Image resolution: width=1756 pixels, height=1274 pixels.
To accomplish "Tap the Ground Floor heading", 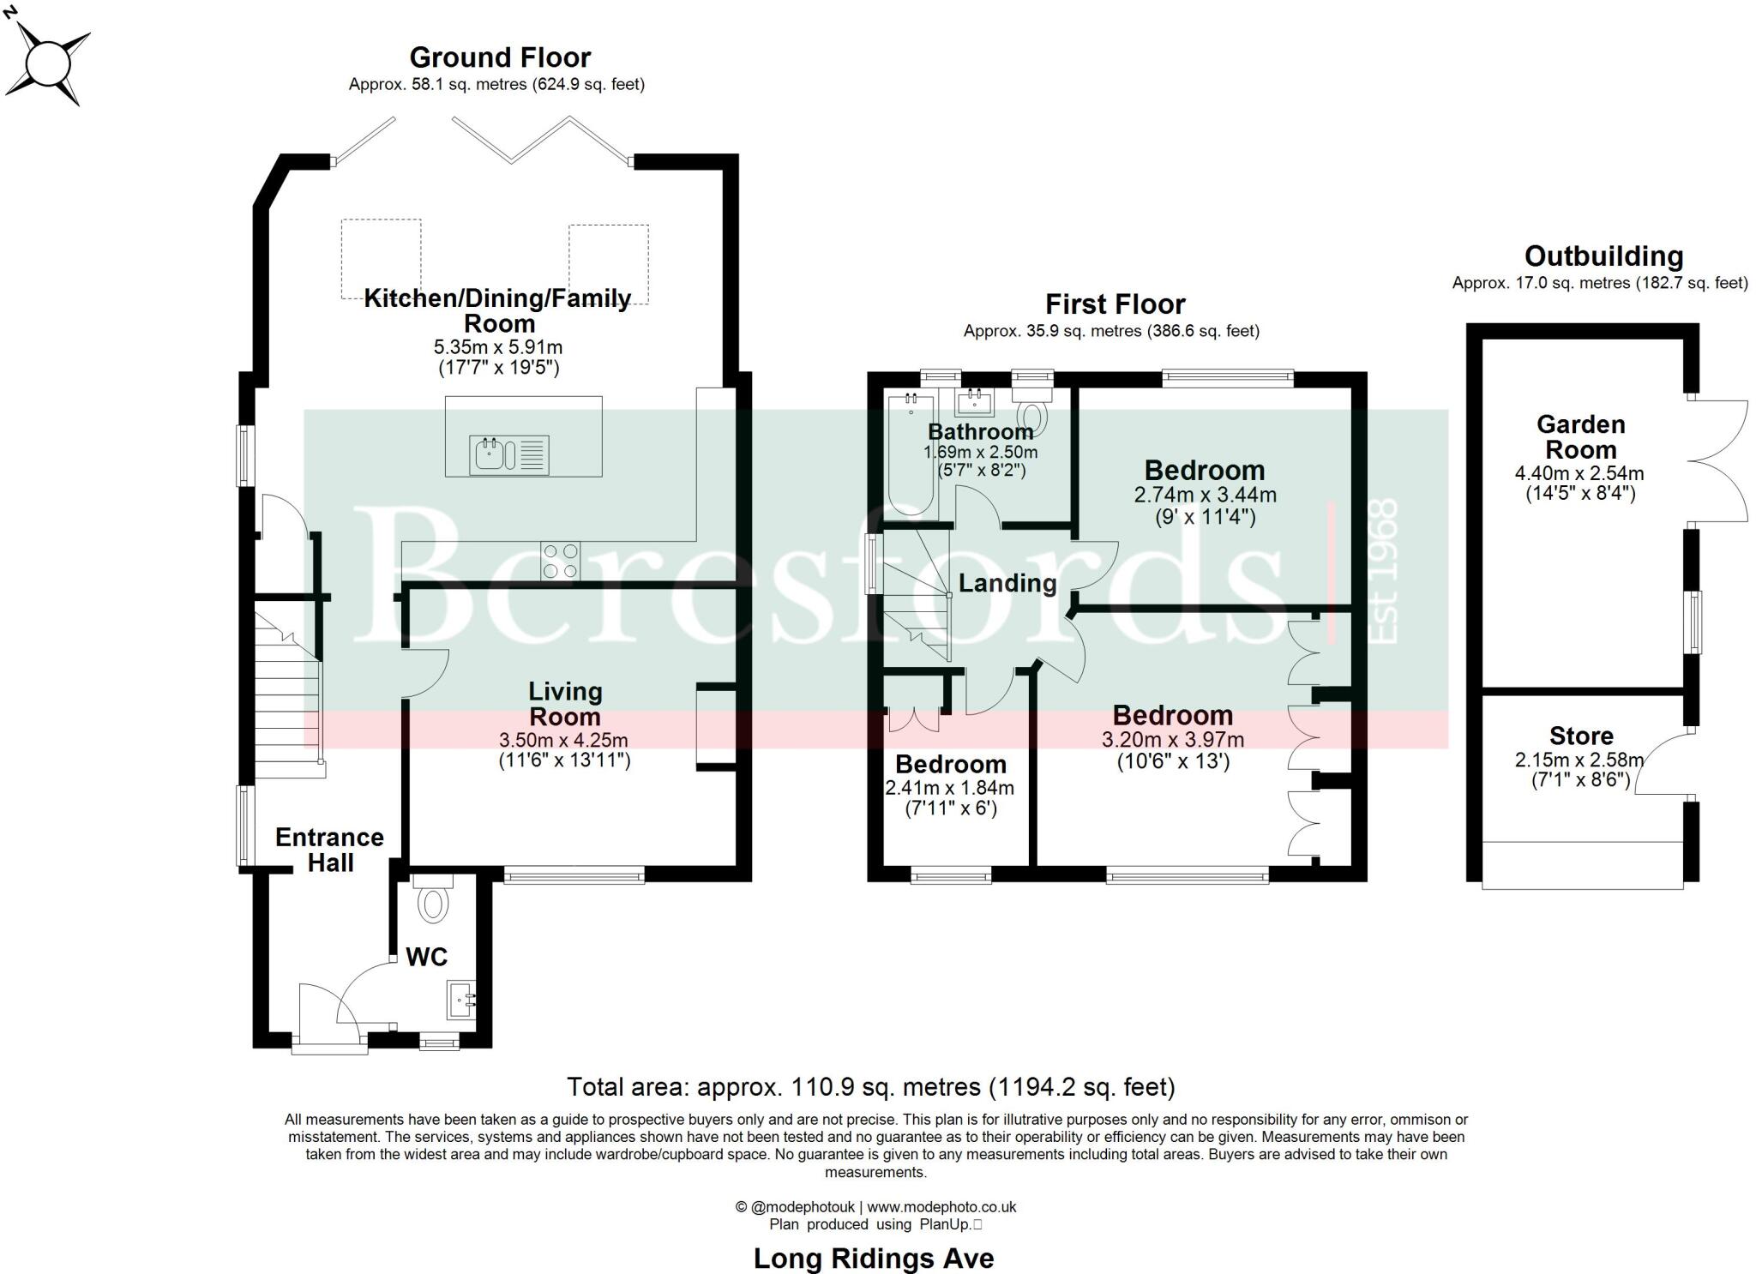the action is [500, 57].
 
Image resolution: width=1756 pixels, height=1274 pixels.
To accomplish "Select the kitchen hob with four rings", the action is [560, 561].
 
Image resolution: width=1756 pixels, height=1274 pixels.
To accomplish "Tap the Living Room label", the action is [565, 704].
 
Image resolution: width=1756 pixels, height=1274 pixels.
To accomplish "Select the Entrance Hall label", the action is [329, 850].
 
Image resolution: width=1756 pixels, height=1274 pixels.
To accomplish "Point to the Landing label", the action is [1007, 583].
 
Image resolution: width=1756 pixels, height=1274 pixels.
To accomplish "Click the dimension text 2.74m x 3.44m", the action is [1205, 495].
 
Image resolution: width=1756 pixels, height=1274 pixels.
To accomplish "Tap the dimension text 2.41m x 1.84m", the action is [950, 787].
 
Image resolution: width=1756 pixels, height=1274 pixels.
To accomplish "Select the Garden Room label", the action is [1580, 436].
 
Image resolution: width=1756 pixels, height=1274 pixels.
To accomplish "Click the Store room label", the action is [1581, 736].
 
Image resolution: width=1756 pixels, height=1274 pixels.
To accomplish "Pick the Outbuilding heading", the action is [1603, 255].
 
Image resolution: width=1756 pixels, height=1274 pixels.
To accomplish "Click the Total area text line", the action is [870, 1087].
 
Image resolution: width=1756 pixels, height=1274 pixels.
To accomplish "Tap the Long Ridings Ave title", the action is [874, 1259].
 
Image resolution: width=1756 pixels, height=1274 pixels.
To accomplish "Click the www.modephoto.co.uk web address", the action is [941, 1207].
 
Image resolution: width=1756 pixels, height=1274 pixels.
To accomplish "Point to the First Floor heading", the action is [1115, 304].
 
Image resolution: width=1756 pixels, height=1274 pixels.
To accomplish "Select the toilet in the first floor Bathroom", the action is [1033, 412].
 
